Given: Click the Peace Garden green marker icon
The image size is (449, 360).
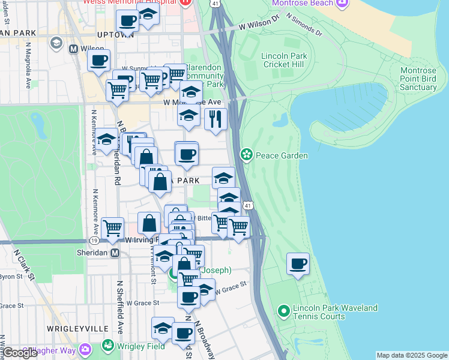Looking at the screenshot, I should (x=246, y=155).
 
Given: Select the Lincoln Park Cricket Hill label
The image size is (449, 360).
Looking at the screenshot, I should (x=284, y=61).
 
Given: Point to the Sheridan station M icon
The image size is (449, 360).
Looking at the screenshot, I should (x=115, y=253).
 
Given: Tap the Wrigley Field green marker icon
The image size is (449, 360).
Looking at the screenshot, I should (x=108, y=346).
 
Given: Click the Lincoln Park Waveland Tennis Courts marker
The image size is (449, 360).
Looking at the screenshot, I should (x=284, y=311).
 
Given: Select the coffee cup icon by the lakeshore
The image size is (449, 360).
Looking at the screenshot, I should (x=298, y=263).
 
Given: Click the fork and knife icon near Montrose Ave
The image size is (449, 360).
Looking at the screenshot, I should (x=215, y=118).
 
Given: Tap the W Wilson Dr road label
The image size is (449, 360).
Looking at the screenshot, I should (x=259, y=27).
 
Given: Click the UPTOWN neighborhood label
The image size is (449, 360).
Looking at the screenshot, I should (x=115, y=34).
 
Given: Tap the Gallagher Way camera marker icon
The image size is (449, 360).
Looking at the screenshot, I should (x=84, y=349).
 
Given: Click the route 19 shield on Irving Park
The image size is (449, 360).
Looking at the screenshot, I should (x=94, y=240).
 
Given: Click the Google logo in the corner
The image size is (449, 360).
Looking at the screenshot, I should (x=20, y=353).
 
